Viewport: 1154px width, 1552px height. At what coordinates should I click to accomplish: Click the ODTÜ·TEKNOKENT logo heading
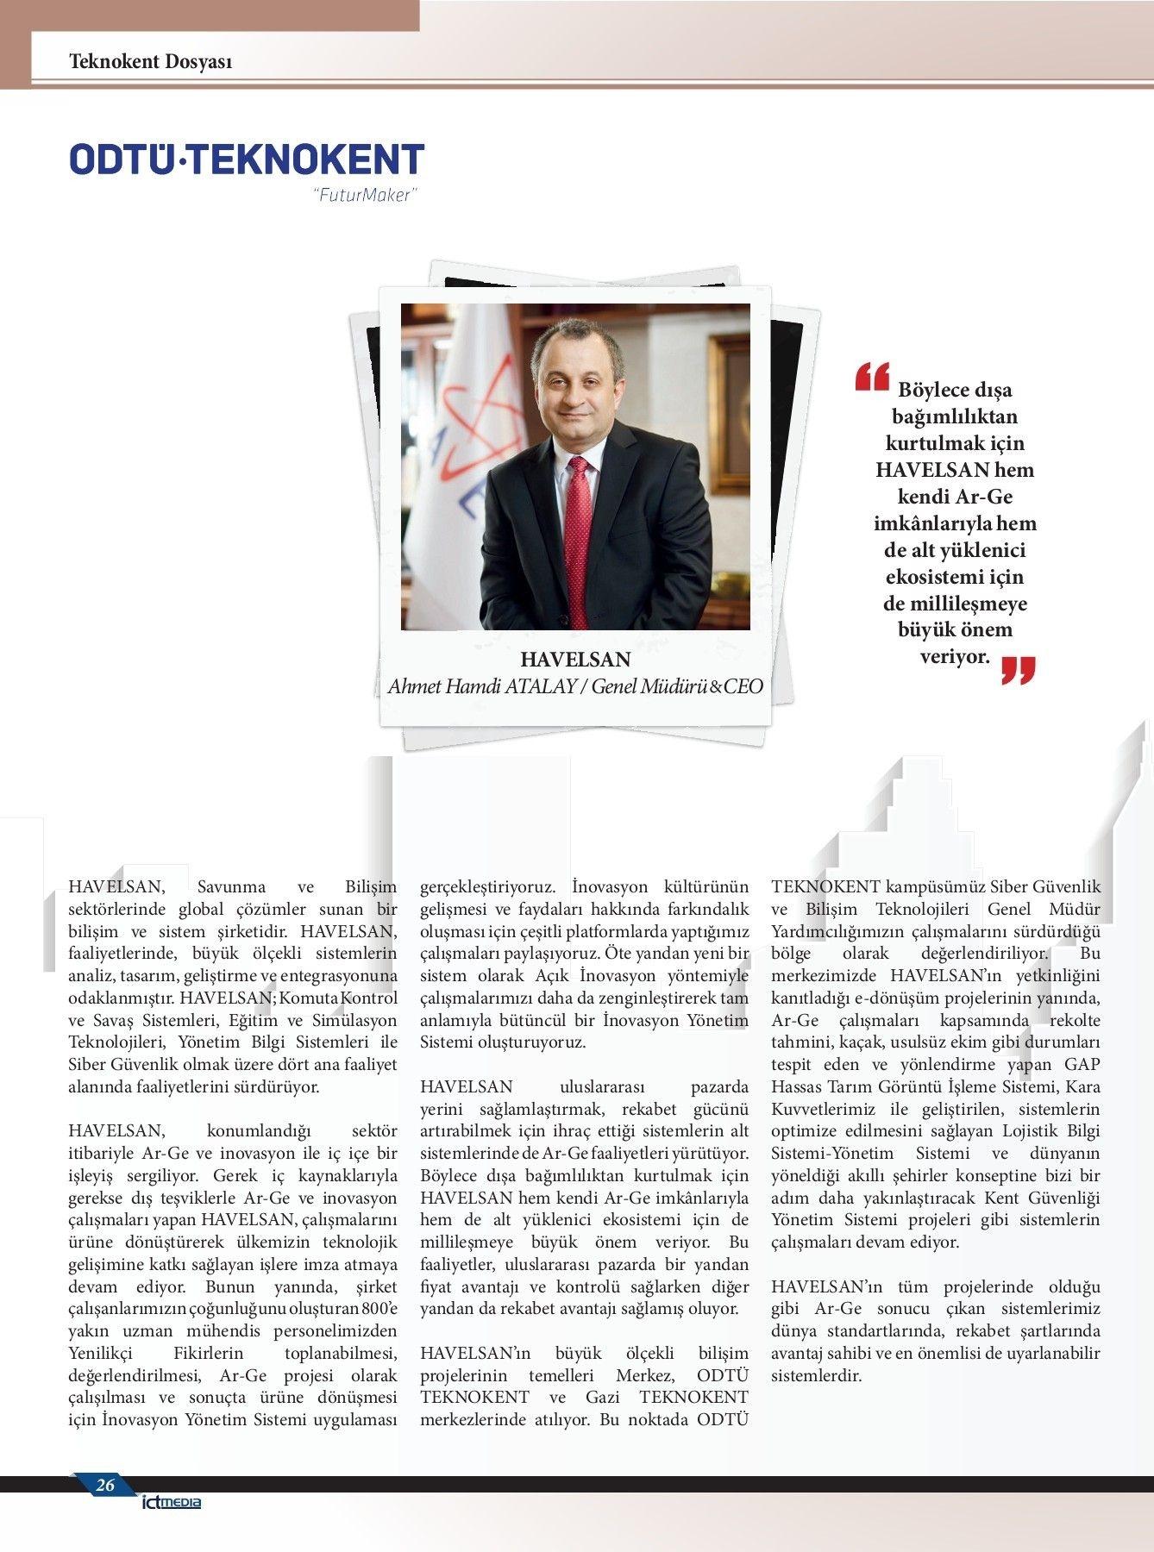pyautogui.click(x=247, y=160)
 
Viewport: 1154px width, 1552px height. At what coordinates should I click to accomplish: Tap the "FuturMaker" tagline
pyautogui.click(x=364, y=196)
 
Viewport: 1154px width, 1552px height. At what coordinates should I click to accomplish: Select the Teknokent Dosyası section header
pyautogui.click(x=150, y=61)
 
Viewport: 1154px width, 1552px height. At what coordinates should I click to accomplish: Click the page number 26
pyautogui.click(x=104, y=1485)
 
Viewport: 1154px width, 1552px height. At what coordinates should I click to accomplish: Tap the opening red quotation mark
pyautogui.click(x=872, y=378)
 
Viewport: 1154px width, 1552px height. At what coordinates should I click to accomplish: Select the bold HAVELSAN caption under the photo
pyautogui.click(x=575, y=660)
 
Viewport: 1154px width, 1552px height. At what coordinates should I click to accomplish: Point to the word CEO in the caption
pyautogui.click(x=743, y=686)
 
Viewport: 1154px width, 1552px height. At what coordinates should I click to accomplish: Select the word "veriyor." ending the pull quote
pyautogui.click(x=955, y=656)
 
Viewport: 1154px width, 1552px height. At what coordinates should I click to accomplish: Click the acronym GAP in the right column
pyautogui.click(x=1082, y=1064)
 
